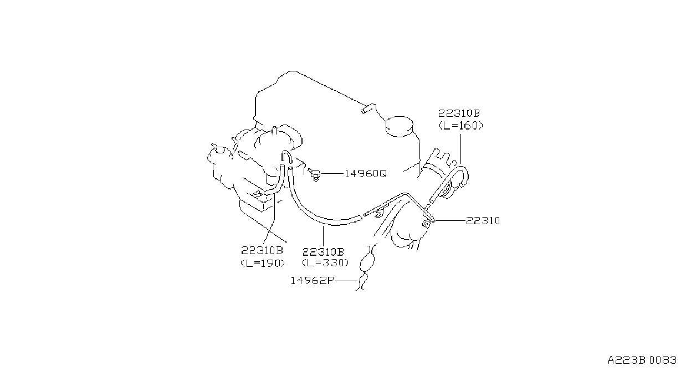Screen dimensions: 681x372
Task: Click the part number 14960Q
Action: coord(365,174)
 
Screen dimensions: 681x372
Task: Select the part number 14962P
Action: coord(312,281)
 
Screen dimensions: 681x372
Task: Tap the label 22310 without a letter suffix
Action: coord(483,221)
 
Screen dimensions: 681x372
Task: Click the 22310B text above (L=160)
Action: coord(459,113)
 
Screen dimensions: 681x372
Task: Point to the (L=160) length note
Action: coord(461,126)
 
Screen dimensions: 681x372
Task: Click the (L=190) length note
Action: coord(263,263)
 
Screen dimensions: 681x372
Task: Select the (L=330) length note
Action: coord(325,263)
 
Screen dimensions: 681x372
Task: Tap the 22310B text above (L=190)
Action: coord(262,251)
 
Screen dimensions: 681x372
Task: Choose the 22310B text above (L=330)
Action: coord(323,252)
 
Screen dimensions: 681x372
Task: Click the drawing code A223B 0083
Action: coord(642,360)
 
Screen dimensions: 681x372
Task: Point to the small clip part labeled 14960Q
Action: coord(314,175)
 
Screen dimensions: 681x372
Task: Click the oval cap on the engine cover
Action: coord(400,126)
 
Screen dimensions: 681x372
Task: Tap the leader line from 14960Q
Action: coord(332,174)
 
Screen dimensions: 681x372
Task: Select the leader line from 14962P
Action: coord(346,281)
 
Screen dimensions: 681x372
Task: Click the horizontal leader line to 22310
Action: coord(450,221)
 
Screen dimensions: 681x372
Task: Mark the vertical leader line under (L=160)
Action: coord(461,149)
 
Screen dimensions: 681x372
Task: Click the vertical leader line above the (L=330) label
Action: coord(323,236)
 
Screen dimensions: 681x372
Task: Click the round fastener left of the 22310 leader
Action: coord(426,224)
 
